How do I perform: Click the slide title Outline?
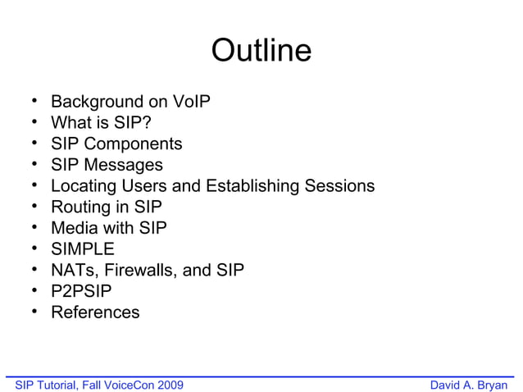click(261, 51)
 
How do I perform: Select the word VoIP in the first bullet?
click(192, 102)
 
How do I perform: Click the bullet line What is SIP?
click(101, 123)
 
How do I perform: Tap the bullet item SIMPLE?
click(83, 249)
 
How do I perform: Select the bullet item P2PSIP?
click(81, 291)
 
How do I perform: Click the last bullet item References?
click(95, 312)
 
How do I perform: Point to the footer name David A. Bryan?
click(469, 385)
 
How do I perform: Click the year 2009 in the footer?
click(170, 385)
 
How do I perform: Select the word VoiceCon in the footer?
click(127, 385)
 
